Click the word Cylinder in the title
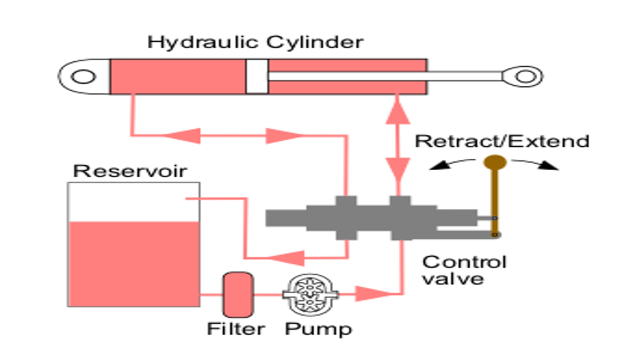tap(314, 43)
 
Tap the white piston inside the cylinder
tap(257, 76)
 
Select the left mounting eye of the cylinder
tap(84, 77)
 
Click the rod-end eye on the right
tap(525, 76)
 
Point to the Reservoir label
tap(130, 171)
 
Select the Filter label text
tap(236, 329)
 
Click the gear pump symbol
tap(310, 293)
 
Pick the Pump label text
tap(318, 329)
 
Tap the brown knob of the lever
tap(495, 162)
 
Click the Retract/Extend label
tap(502, 141)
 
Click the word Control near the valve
tap(464, 262)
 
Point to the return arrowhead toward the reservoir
tap(285, 256)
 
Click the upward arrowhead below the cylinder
tap(398, 111)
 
